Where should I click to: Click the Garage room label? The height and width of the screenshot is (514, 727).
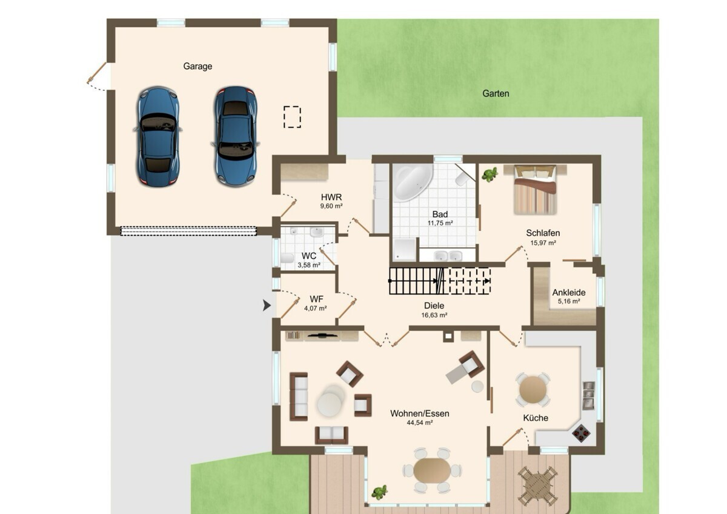(x=198, y=66)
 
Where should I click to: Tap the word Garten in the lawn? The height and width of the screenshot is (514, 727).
(x=496, y=93)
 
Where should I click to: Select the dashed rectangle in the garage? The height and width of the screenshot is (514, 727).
(x=292, y=117)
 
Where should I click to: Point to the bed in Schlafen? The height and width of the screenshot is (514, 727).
(x=535, y=189)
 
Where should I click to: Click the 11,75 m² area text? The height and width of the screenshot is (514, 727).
(x=440, y=223)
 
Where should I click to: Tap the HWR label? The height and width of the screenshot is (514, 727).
(x=331, y=197)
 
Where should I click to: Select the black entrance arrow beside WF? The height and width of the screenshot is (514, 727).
(x=267, y=305)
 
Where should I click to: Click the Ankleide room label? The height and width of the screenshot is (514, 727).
(x=569, y=292)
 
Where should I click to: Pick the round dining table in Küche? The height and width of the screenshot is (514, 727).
(x=533, y=389)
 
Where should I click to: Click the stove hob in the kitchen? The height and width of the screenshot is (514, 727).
(x=581, y=433)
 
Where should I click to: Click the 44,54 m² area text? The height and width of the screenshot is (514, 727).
(x=420, y=422)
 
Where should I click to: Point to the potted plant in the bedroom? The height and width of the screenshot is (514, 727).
(x=490, y=175)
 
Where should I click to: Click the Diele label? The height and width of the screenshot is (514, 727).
(x=434, y=305)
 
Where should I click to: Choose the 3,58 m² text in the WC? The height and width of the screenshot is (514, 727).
(x=309, y=265)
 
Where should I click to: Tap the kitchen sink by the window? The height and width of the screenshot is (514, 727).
(x=589, y=395)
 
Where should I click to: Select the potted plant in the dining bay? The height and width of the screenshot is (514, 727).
(x=379, y=492)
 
